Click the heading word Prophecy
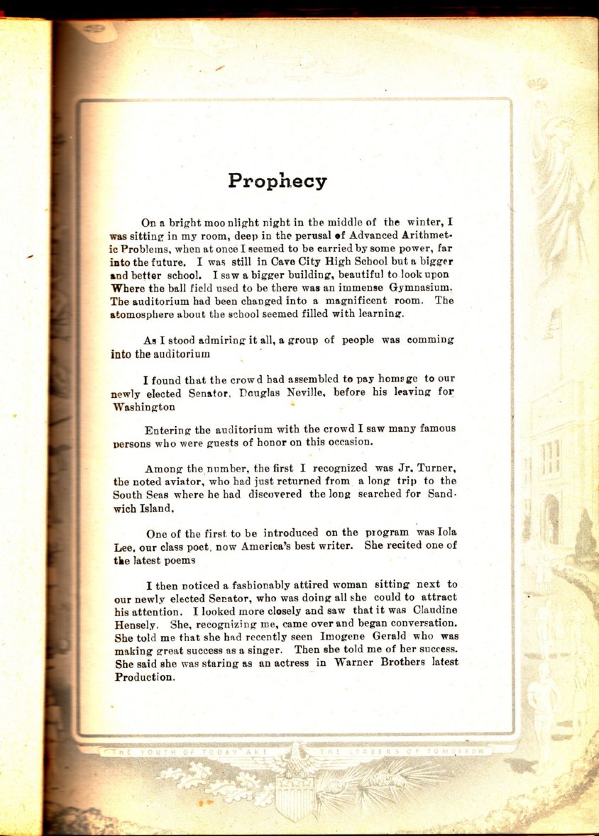pyautogui.click(x=277, y=182)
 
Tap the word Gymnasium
pyautogui.click(x=422, y=287)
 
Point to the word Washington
pyautogui.click(x=143, y=408)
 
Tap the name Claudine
pyautogui.click(x=428, y=611)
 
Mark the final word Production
pyautogui.click(x=144, y=676)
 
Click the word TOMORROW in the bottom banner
pyautogui.click(x=458, y=751)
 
